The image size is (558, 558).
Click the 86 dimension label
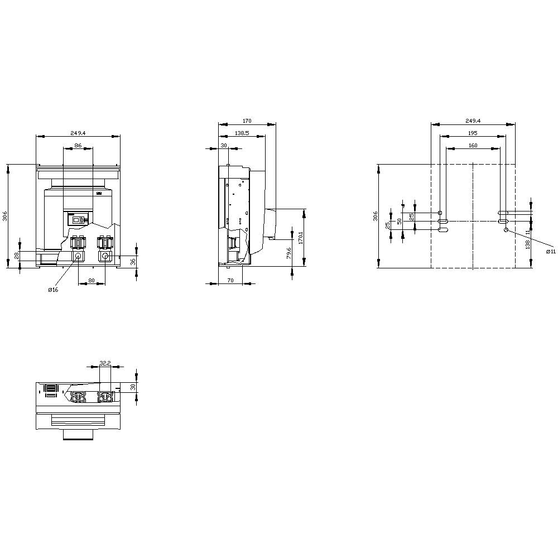point(78,145)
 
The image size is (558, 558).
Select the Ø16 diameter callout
point(53,290)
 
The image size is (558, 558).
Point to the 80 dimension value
point(91,281)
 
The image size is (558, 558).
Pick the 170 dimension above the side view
point(247,121)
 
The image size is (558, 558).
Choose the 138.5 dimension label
point(242,133)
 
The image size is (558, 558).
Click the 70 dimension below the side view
point(230,281)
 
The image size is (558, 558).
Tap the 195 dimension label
point(472,133)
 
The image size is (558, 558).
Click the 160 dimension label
point(473,145)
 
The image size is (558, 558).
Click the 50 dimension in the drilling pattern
point(400,221)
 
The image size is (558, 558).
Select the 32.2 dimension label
point(104,363)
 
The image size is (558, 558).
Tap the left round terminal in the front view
point(78,256)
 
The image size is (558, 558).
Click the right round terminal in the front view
point(104,256)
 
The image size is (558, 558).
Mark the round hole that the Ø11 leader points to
point(506,230)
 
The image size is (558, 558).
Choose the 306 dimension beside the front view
point(6,216)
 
